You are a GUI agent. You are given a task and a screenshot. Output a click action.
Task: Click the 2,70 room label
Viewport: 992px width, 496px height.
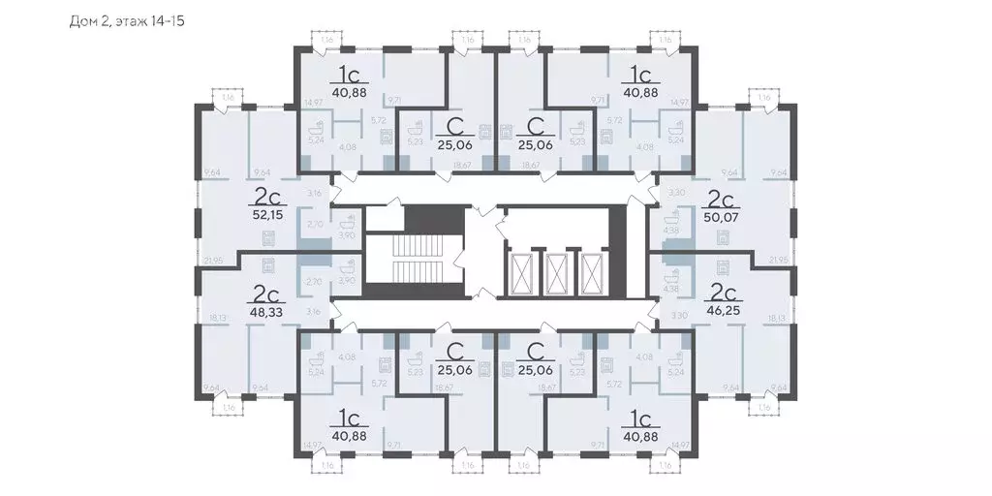coord(313,224)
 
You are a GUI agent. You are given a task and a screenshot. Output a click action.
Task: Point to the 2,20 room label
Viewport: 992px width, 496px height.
coord(313,281)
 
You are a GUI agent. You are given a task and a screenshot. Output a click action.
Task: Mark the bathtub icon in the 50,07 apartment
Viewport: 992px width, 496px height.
coord(669,216)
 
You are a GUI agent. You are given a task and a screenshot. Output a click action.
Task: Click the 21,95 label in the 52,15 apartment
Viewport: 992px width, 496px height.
coord(215,261)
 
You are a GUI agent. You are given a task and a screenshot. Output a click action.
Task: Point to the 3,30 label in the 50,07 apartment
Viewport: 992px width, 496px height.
coord(677,194)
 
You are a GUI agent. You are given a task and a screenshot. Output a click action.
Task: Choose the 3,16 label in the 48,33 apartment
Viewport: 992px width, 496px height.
coord(313,312)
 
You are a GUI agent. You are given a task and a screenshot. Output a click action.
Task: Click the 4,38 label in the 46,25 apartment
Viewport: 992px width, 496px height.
coord(669,290)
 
